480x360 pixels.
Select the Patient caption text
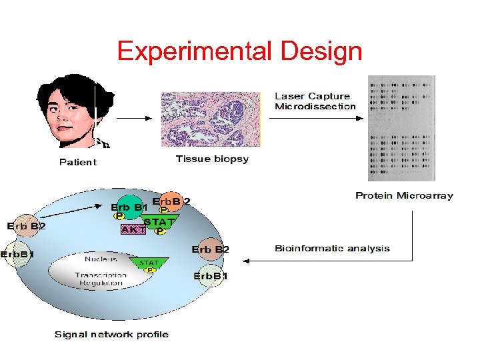pos(77,162)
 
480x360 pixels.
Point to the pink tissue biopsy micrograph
pos(211,118)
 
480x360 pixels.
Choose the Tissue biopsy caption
pos(212,159)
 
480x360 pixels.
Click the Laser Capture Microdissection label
pos(315,101)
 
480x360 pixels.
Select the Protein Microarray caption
pos(404,195)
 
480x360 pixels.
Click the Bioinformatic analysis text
pos(332,248)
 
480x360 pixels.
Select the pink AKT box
pos(133,229)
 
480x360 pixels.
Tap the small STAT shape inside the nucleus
pos(149,263)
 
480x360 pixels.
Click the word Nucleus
pos(101,259)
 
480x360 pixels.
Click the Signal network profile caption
pos(111,334)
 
